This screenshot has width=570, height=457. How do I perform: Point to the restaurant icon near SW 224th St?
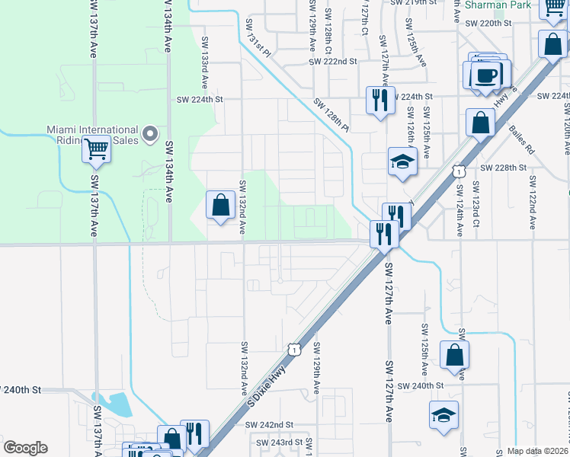[379, 100]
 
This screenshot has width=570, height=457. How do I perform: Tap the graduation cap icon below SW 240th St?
[444, 415]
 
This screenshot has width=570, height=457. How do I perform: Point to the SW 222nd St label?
[333, 61]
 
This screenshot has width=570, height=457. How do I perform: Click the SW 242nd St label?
[274, 424]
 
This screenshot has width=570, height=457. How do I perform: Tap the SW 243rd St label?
[280, 442]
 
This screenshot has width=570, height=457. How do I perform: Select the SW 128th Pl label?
[329, 114]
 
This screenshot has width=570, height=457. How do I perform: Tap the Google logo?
[25, 448]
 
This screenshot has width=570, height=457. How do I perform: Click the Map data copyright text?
[538, 451]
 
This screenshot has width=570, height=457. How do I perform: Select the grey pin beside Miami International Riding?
[151, 134]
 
